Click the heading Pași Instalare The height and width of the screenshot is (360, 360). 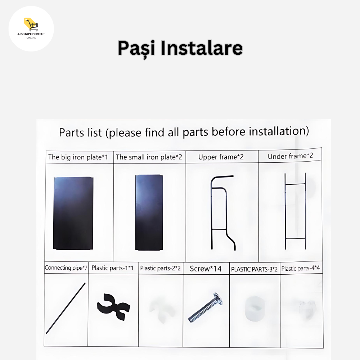click(180, 49)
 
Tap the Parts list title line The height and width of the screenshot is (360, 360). click(184, 132)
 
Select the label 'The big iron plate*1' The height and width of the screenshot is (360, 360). click(78, 157)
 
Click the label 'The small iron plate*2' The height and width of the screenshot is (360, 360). click(149, 157)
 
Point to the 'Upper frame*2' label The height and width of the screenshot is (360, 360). click(221, 157)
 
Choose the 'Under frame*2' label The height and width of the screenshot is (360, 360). click(291, 156)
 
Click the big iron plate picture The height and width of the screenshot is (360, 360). click(73, 213)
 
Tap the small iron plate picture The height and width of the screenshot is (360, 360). click(149, 213)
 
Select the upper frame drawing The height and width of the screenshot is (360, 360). click(212, 213)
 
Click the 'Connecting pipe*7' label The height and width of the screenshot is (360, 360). click(66, 268)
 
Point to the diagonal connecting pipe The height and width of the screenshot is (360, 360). click(66, 308)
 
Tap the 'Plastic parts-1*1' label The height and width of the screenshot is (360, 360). click(112, 268)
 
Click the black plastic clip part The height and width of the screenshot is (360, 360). click(113, 307)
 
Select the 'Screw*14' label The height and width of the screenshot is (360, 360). click(206, 269)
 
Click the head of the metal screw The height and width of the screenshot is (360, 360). click(219, 299)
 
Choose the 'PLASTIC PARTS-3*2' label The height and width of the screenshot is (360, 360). click(254, 269)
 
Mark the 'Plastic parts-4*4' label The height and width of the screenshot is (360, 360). click(301, 269)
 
